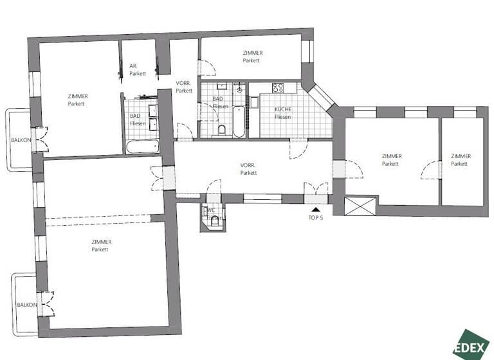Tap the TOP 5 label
[x=315, y=218]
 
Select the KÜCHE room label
[x=283, y=113]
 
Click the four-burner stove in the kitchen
[x=279, y=88]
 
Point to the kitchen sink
[x=255, y=102]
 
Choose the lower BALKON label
[x=26, y=305]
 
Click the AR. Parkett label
[x=137, y=69]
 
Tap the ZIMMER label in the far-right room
[x=461, y=160]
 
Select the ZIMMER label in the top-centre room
[x=252, y=57]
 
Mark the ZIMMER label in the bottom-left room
[x=101, y=245]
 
